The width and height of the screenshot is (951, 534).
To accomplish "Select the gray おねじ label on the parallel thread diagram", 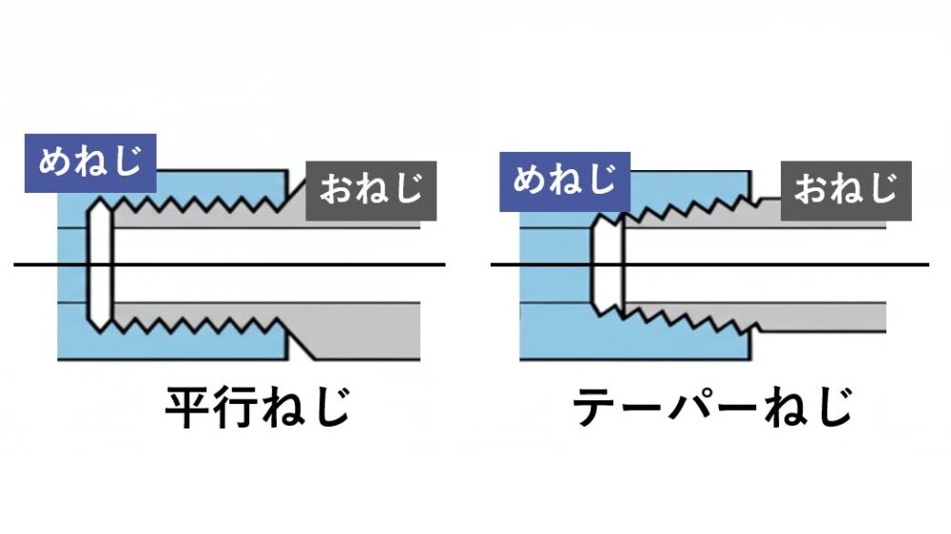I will tap(371, 190).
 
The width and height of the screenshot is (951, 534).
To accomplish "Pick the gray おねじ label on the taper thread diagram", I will tap(845, 190).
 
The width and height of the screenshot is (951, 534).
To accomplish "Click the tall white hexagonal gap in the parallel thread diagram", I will tap(100, 264).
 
